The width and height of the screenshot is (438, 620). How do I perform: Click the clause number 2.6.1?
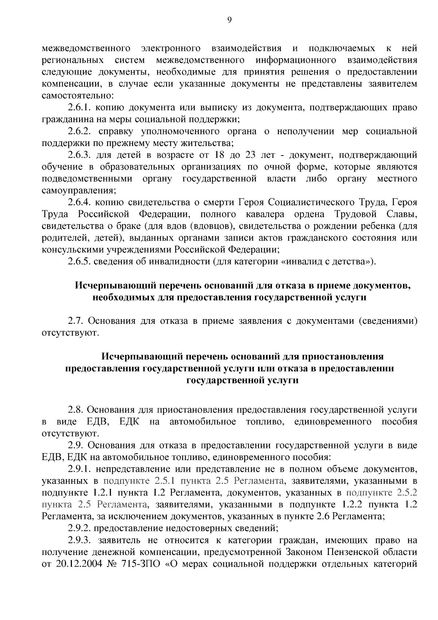(81, 108)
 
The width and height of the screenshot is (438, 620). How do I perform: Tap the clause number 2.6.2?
(81, 131)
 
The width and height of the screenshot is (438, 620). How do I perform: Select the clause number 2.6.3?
(81, 155)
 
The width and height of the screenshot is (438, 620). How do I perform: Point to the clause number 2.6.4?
(81, 203)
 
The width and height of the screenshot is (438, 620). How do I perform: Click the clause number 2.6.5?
(81, 262)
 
